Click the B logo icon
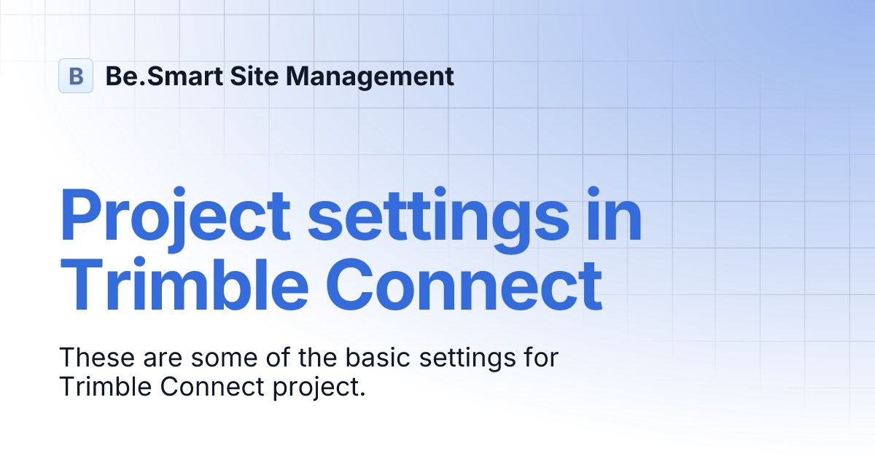point(76,76)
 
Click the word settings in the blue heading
point(437,217)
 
